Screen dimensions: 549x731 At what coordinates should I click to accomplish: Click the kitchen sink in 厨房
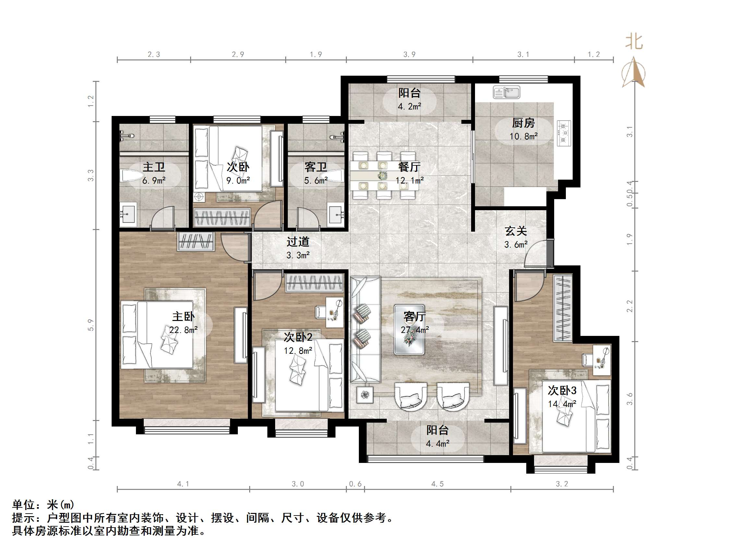[506, 92]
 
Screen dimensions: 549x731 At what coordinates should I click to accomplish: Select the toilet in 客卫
[334, 175]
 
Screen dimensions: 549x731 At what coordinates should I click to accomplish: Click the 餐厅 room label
[409, 167]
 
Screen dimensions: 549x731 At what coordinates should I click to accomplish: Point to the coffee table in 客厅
[409, 330]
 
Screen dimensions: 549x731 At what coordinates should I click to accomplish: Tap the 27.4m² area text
[415, 330]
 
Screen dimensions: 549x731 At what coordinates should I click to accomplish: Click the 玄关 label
[516, 231]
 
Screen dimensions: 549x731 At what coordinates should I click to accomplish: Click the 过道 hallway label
[298, 242]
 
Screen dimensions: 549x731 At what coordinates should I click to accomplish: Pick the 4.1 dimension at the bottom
[183, 484]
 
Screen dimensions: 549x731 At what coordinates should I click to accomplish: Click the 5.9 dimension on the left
[91, 325]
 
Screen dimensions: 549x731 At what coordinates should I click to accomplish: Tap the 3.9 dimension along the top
[409, 55]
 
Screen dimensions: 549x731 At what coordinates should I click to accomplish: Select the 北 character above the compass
[634, 42]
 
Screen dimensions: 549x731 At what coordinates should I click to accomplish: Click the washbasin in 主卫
[128, 214]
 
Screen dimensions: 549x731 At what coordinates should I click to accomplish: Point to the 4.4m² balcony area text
[437, 444]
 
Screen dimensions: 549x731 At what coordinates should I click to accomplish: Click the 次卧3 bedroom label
[562, 390]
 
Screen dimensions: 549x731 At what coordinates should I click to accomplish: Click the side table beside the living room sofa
[365, 394]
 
